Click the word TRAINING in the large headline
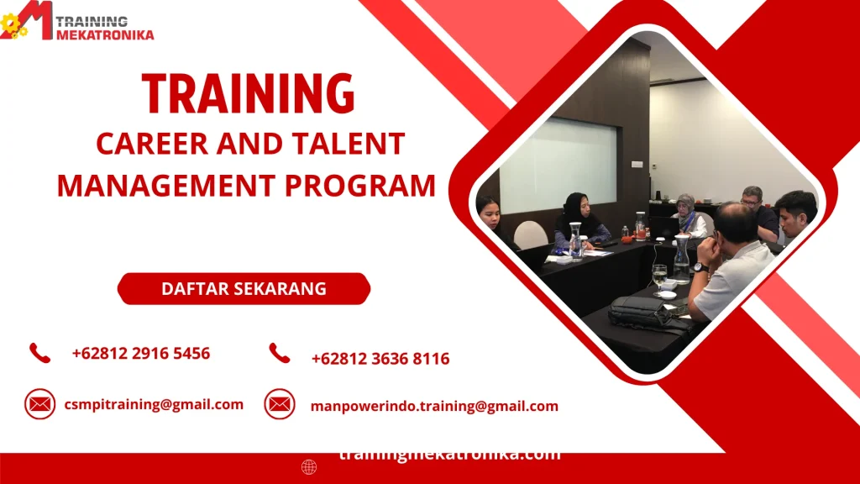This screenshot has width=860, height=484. click(248, 93)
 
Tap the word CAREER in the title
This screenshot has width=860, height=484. click(150, 144)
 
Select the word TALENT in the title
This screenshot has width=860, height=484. click(356, 144)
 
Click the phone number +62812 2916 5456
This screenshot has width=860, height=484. click(141, 354)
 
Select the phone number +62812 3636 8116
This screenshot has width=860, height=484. click(380, 359)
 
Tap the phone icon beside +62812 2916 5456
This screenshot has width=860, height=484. click(39, 353)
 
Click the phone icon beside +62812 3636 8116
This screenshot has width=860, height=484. click(280, 354)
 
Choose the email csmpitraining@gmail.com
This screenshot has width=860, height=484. click(154, 404)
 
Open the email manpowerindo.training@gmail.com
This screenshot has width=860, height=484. click(434, 406)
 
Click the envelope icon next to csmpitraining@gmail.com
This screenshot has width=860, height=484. click(39, 404)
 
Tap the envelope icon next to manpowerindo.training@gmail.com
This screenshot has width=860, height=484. click(280, 404)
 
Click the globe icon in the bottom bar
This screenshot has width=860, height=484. click(309, 467)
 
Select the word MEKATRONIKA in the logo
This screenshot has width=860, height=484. click(106, 34)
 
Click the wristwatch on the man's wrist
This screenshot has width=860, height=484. click(700, 268)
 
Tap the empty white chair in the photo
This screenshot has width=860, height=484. click(531, 234)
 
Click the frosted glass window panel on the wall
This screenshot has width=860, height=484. click(558, 166)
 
